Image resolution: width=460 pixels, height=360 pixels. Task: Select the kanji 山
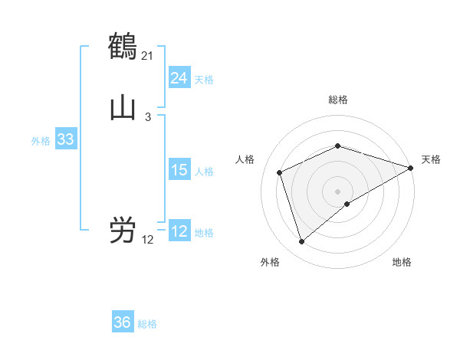[123, 108]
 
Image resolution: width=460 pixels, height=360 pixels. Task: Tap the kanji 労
[123, 231]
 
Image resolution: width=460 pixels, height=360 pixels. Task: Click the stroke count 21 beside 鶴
[147, 56]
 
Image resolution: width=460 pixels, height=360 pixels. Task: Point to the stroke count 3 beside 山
[147, 117]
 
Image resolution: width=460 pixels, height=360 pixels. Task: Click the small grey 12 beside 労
[147, 240]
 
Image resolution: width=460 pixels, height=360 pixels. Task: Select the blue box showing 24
[179, 78]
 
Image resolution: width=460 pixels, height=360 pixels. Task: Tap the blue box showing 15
[179, 170]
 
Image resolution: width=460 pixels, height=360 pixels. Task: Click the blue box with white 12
[179, 231]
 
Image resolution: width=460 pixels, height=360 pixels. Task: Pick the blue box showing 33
[65, 140]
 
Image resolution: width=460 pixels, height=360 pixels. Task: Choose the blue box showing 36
[123, 322]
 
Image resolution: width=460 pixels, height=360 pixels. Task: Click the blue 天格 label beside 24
[204, 80]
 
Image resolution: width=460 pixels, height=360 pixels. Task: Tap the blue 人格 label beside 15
[204, 172]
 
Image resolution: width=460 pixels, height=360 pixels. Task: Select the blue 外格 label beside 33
[41, 141]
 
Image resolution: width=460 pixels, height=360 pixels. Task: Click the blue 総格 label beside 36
[147, 324]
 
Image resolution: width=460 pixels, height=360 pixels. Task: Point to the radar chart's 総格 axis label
[337, 100]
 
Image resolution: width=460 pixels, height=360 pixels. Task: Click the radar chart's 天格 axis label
[431, 159]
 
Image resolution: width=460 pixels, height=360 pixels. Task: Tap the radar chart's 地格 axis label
[402, 262]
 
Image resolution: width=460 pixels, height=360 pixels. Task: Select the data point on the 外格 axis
[301, 242]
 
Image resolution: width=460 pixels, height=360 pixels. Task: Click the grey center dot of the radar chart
[337, 191]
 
